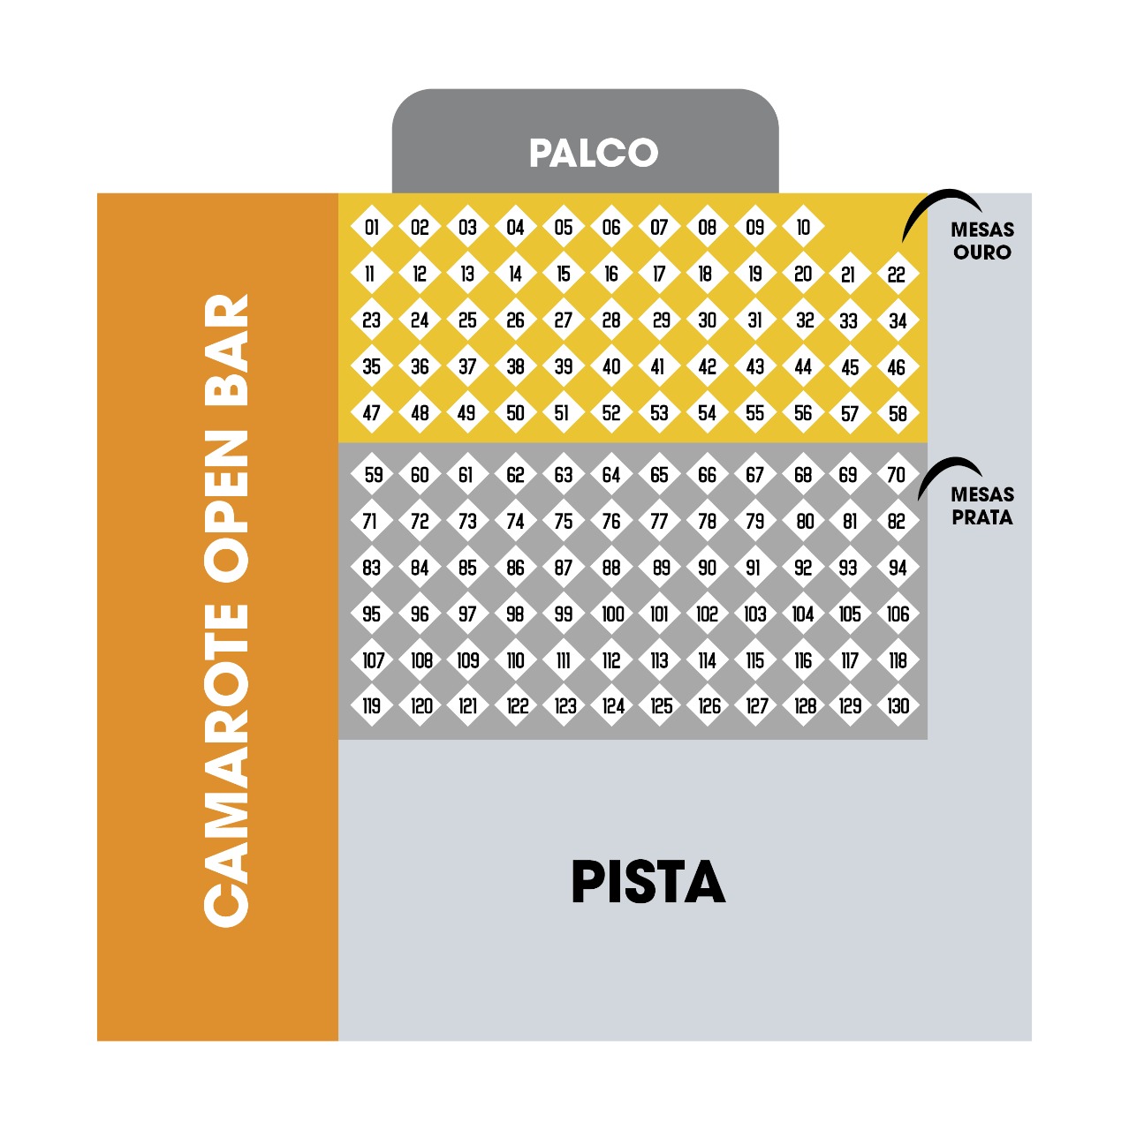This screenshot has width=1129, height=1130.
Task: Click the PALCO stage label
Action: pyautogui.click(x=594, y=153)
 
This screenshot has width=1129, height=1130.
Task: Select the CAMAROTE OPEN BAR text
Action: pyautogui.click(x=226, y=610)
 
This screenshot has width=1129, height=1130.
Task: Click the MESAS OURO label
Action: pyautogui.click(x=982, y=240)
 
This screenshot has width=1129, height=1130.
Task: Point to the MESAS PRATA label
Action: pyautogui.click(x=982, y=506)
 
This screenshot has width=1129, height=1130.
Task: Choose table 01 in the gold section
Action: pyautogui.click(x=371, y=227)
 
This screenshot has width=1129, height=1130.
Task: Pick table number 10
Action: pyautogui.click(x=803, y=227)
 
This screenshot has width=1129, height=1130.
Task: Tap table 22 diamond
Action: pyautogui.click(x=898, y=274)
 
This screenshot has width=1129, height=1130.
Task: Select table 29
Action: pyautogui.click(x=660, y=320)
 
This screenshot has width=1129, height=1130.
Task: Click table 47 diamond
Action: pyautogui.click(x=371, y=413)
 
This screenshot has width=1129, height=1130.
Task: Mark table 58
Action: pyautogui.click(x=898, y=413)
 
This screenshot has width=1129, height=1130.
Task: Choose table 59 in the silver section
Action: pyautogui.click(x=371, y=474)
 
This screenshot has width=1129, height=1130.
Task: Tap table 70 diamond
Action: pyautogui.click(x=898, y=474)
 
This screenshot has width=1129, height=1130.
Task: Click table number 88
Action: pyautogui.click(x=611, y=567)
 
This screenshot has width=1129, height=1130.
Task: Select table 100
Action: pyautogui.click(x=611, y=614)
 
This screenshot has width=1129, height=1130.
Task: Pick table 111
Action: pyautogui.click(x=564, y=660)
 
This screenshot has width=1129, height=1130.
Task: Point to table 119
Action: pyautogui.click(x=371, y=705)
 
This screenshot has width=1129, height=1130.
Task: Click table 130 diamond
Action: pyautogui.click(x=898, y=705)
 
